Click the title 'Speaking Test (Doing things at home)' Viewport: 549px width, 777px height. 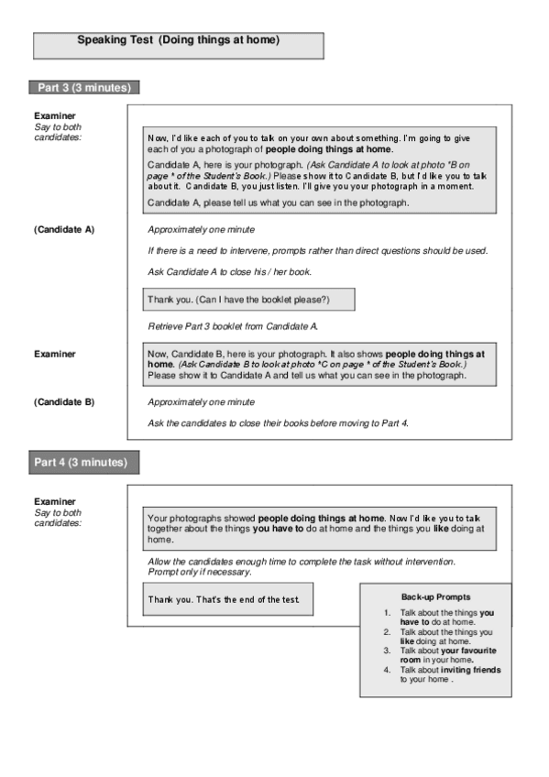(x=178, y=40)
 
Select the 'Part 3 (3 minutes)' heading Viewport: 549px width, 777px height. (x=83, y=88)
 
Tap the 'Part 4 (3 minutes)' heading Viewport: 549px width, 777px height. (x=83, y=462)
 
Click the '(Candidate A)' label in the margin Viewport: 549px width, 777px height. (x=64, y=229)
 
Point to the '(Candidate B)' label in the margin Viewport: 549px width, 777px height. (x=64, y=401)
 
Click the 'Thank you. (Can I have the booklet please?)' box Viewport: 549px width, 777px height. (x=247, y=300)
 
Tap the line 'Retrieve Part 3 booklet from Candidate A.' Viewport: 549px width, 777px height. (x=233, y=326)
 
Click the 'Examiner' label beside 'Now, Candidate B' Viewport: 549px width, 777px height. (x=54, y=353)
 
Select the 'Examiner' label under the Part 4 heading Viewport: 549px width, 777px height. (x=54, y=501)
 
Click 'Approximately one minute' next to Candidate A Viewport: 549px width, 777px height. (x=201, y=229)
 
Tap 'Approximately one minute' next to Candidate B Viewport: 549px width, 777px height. (x=201, y=401)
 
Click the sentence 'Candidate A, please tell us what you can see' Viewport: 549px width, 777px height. (x=278, y=202)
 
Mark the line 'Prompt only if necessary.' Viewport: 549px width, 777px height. (x=199, y=572)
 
